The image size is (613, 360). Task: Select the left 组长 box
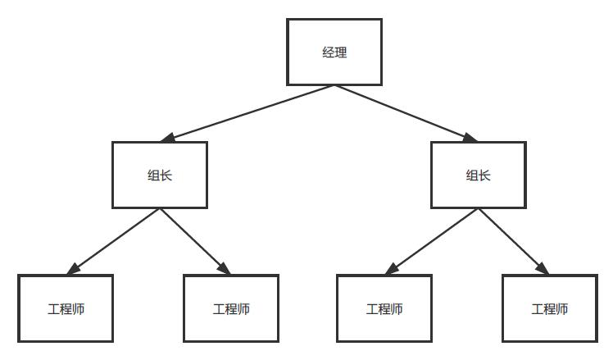[x=160, y=175]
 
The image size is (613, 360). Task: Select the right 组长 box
[x=478, y=175]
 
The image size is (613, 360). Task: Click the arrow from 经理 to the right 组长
[x=406, y=113]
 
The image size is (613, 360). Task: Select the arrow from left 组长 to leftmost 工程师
[x=115, y=241]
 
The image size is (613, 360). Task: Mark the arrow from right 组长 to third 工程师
[x=433, y=241]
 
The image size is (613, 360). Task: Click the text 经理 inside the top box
[x=334, y=52]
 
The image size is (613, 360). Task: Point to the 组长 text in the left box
[x=160, y=175]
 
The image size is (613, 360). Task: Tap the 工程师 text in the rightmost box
[x=549, y=309]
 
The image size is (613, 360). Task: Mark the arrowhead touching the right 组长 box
[x=470, y=139]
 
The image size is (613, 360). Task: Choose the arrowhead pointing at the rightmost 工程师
[x=542, y=269]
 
